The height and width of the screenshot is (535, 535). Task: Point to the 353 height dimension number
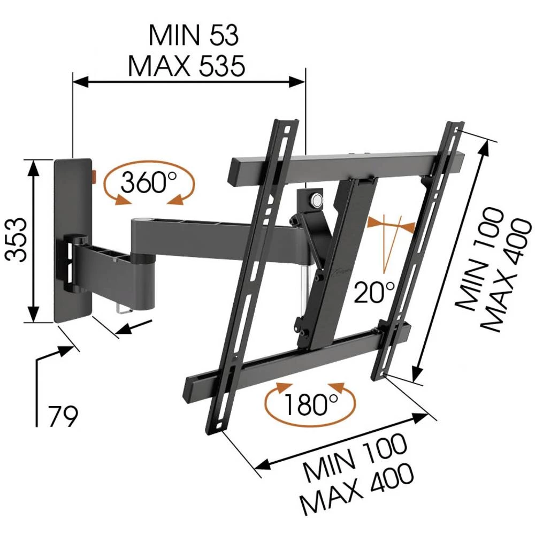17,239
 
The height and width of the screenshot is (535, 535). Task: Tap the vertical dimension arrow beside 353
34,241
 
